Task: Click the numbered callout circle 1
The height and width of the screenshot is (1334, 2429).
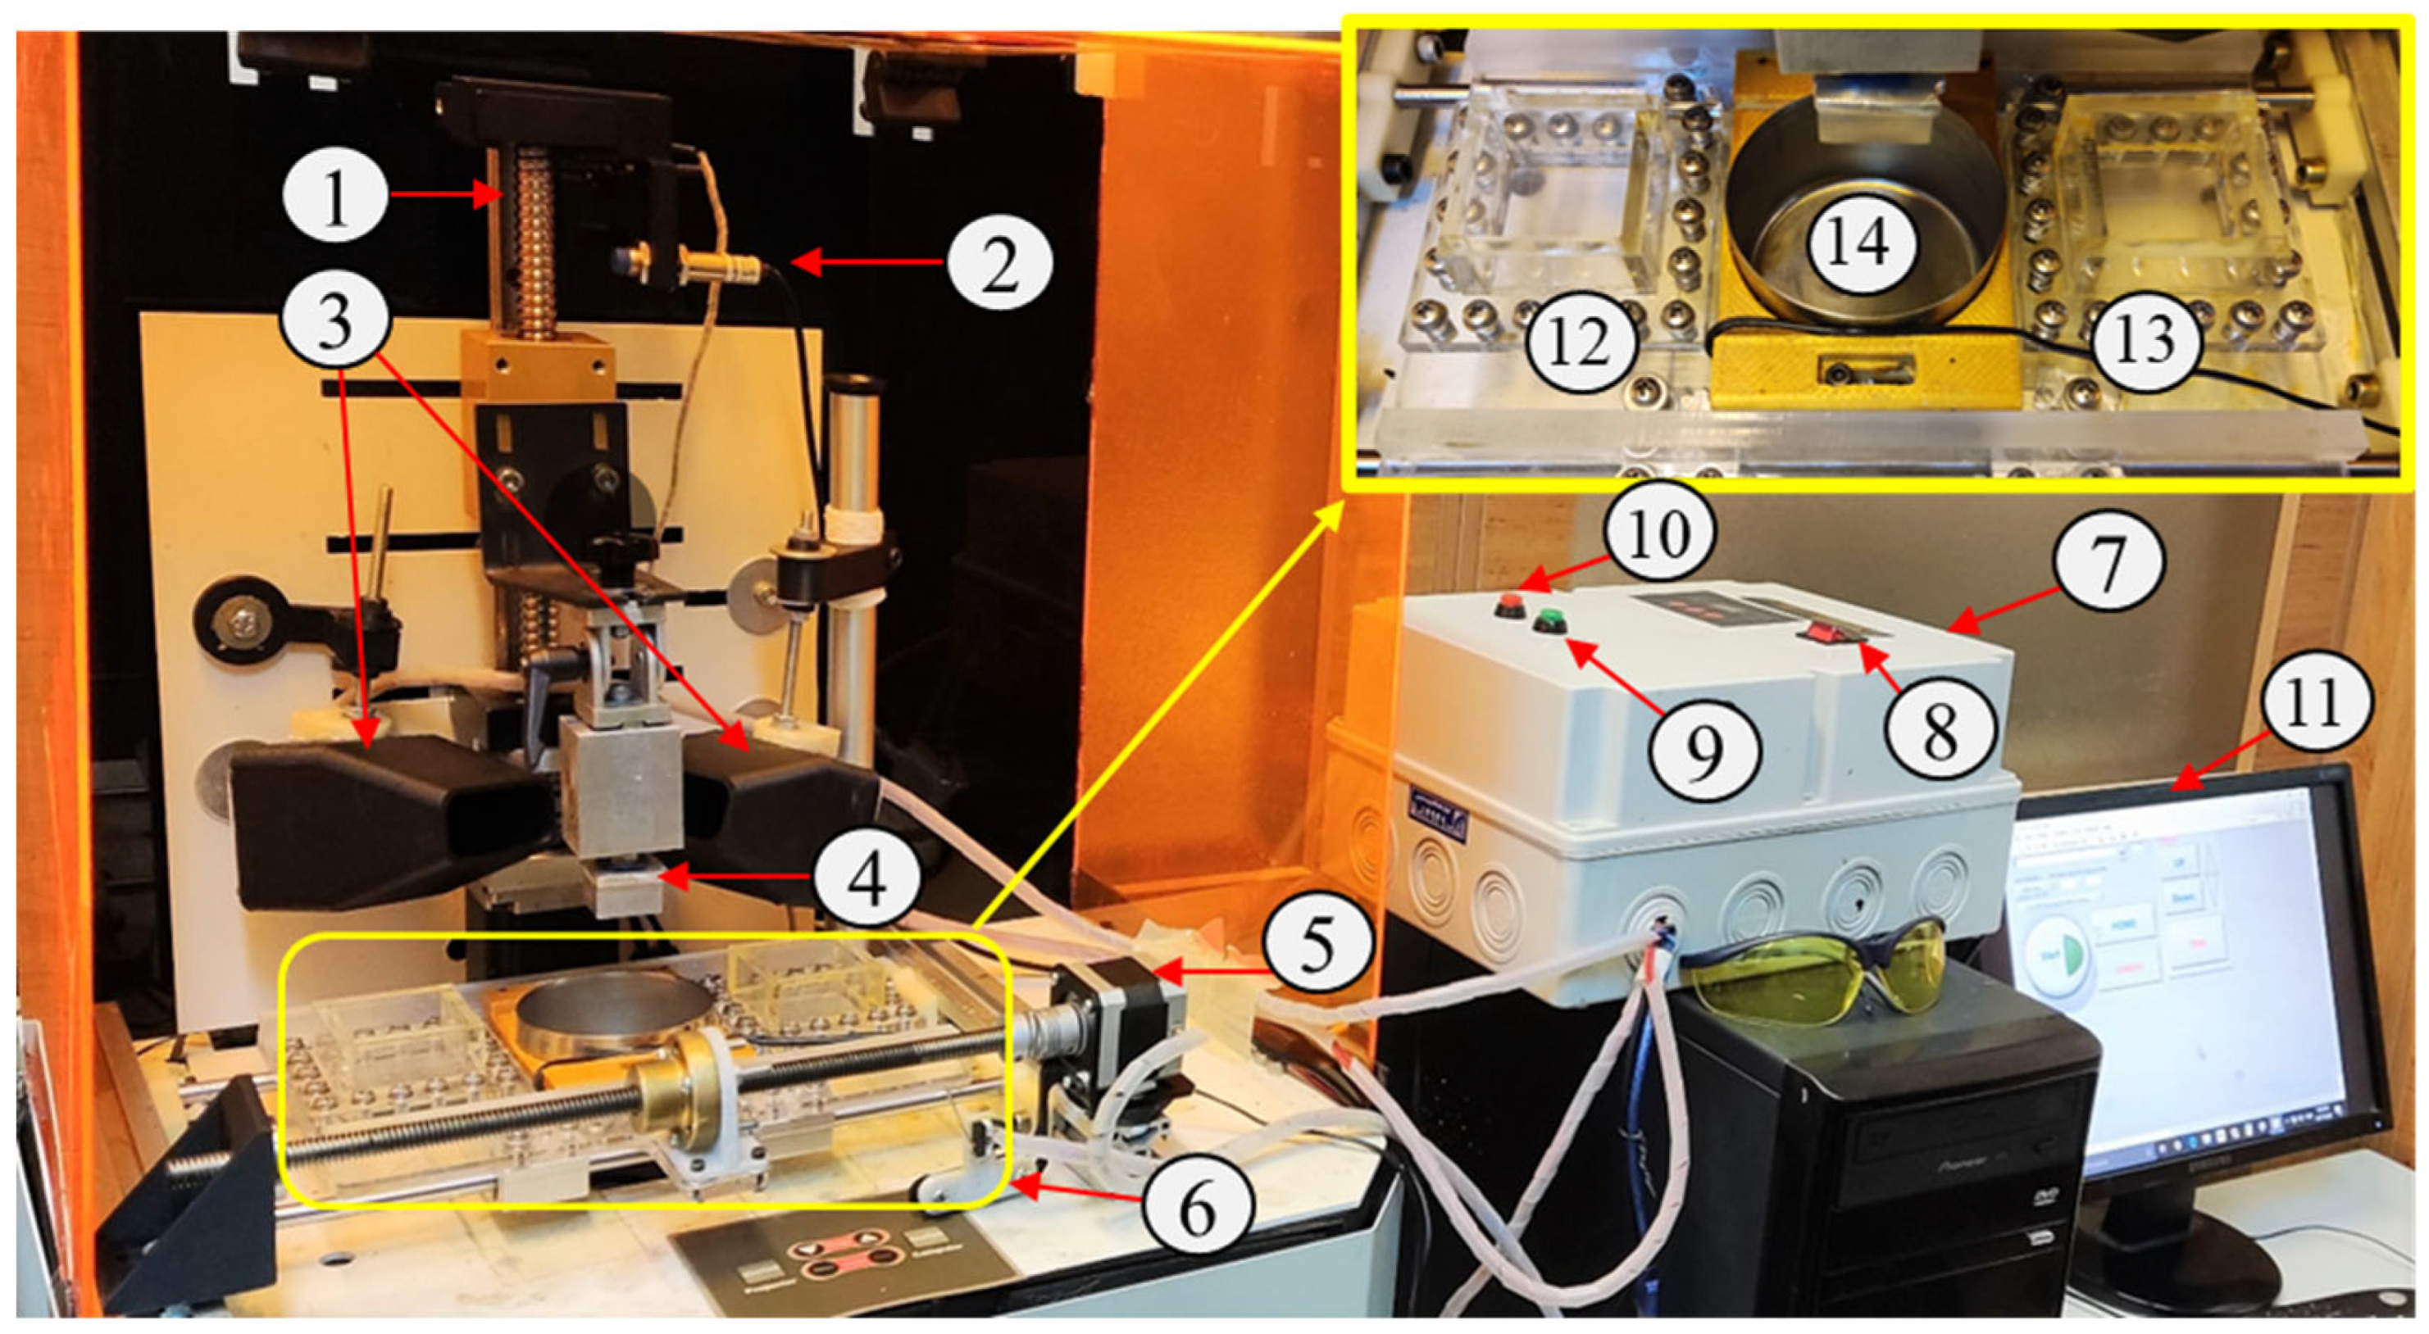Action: [335, 198]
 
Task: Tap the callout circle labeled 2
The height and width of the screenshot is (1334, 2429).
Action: [998, 264]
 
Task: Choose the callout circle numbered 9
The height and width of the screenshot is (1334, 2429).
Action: [1702, 751]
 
